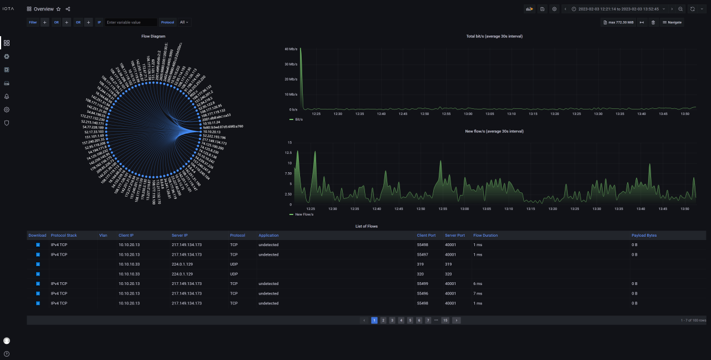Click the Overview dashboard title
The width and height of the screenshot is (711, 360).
(44, 9)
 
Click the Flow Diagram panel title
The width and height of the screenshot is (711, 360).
(153, 36)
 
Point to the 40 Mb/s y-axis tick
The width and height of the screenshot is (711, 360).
(291, 49)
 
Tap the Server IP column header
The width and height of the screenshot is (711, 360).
(181, 236)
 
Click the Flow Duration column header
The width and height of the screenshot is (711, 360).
(485, 236)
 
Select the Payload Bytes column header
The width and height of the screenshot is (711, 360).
(644, 236)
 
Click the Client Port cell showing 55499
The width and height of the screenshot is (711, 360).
(423, 284)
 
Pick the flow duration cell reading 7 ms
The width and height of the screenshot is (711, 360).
(478, 293)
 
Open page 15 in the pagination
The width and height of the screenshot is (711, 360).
(445, 321)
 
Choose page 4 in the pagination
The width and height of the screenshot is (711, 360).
(401, 321)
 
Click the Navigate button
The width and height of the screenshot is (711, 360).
(672, 22)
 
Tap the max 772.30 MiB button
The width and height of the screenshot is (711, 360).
(618, 22)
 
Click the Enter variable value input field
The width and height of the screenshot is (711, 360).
(131, 22)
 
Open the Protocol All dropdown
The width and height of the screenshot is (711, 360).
(184, 22)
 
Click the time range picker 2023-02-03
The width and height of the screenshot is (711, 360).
(618, 9)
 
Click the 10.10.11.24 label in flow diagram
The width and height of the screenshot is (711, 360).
(211, 122)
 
